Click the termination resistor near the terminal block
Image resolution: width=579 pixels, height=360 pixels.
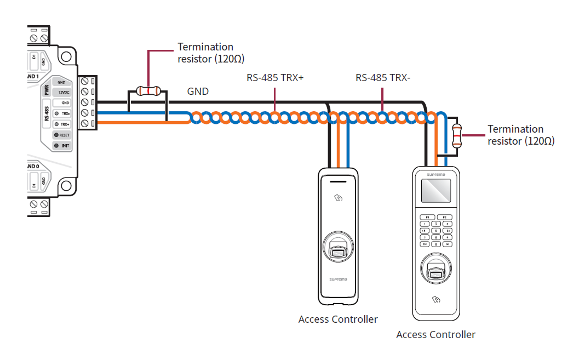[148, 90]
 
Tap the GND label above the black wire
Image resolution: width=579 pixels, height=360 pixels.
[198, 92]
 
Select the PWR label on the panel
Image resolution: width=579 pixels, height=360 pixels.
[47, 89]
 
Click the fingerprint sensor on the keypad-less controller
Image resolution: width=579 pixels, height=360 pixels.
[338, 247]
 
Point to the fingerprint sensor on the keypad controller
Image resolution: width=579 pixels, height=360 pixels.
[435, 270]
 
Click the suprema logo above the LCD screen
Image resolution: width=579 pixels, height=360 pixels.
[435, 173]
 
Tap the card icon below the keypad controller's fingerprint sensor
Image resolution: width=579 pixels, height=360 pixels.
[436, 300]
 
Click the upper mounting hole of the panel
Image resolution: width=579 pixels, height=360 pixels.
[65, 56]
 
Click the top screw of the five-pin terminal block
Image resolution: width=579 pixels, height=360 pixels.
[84, 81]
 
